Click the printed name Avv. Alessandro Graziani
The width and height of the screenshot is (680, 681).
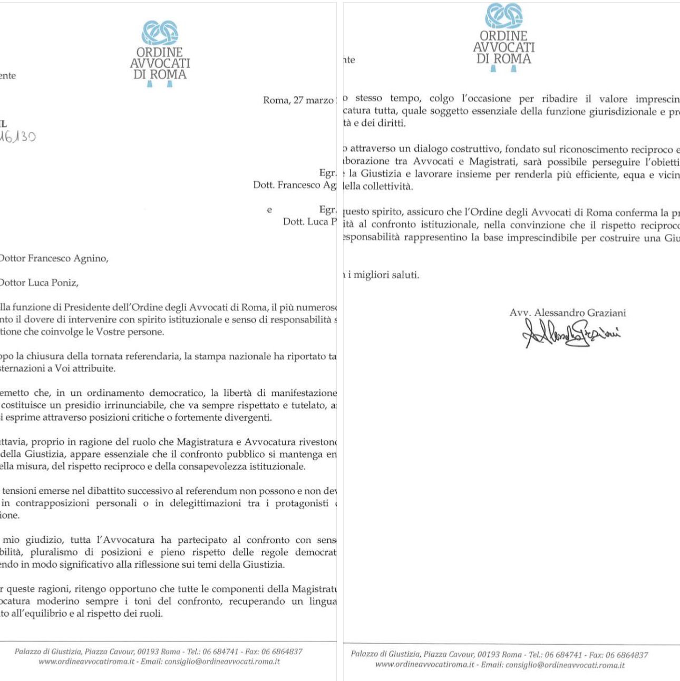[568, 313]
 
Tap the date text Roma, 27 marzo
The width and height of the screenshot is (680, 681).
[298, 100]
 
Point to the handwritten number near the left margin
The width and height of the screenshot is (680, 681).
[18, 137]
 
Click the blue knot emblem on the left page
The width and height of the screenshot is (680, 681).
[160, 34]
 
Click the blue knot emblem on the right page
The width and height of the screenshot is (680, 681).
[503, 16]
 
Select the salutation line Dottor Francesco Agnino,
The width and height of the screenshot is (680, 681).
[53, 258]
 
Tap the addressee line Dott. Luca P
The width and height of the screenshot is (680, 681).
[309, 221]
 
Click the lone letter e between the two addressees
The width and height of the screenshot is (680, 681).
[269, 210]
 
